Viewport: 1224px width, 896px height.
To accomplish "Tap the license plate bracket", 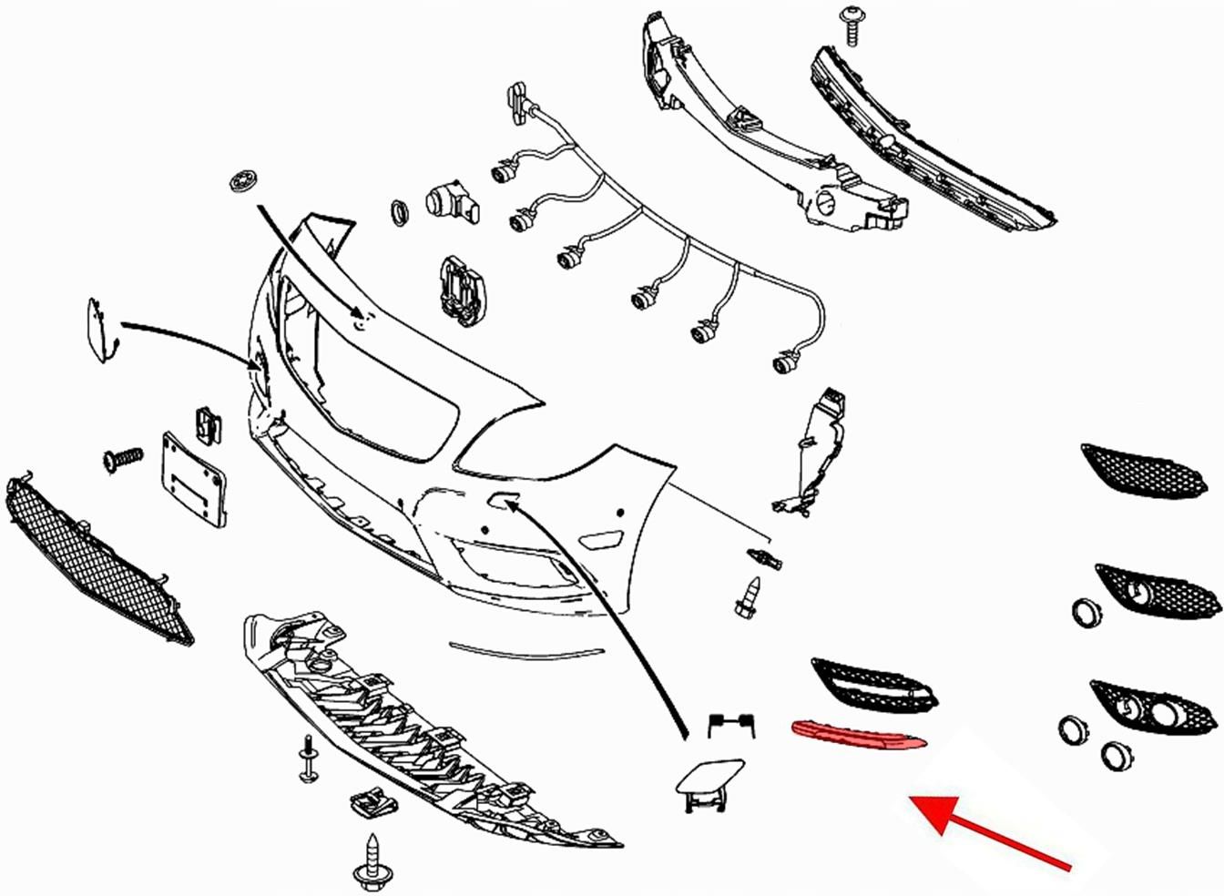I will click(x=193, y=482).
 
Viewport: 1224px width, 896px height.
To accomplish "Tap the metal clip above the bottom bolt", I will click(x=375, y=800).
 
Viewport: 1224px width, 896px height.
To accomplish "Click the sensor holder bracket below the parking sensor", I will click(x=464, y=290).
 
